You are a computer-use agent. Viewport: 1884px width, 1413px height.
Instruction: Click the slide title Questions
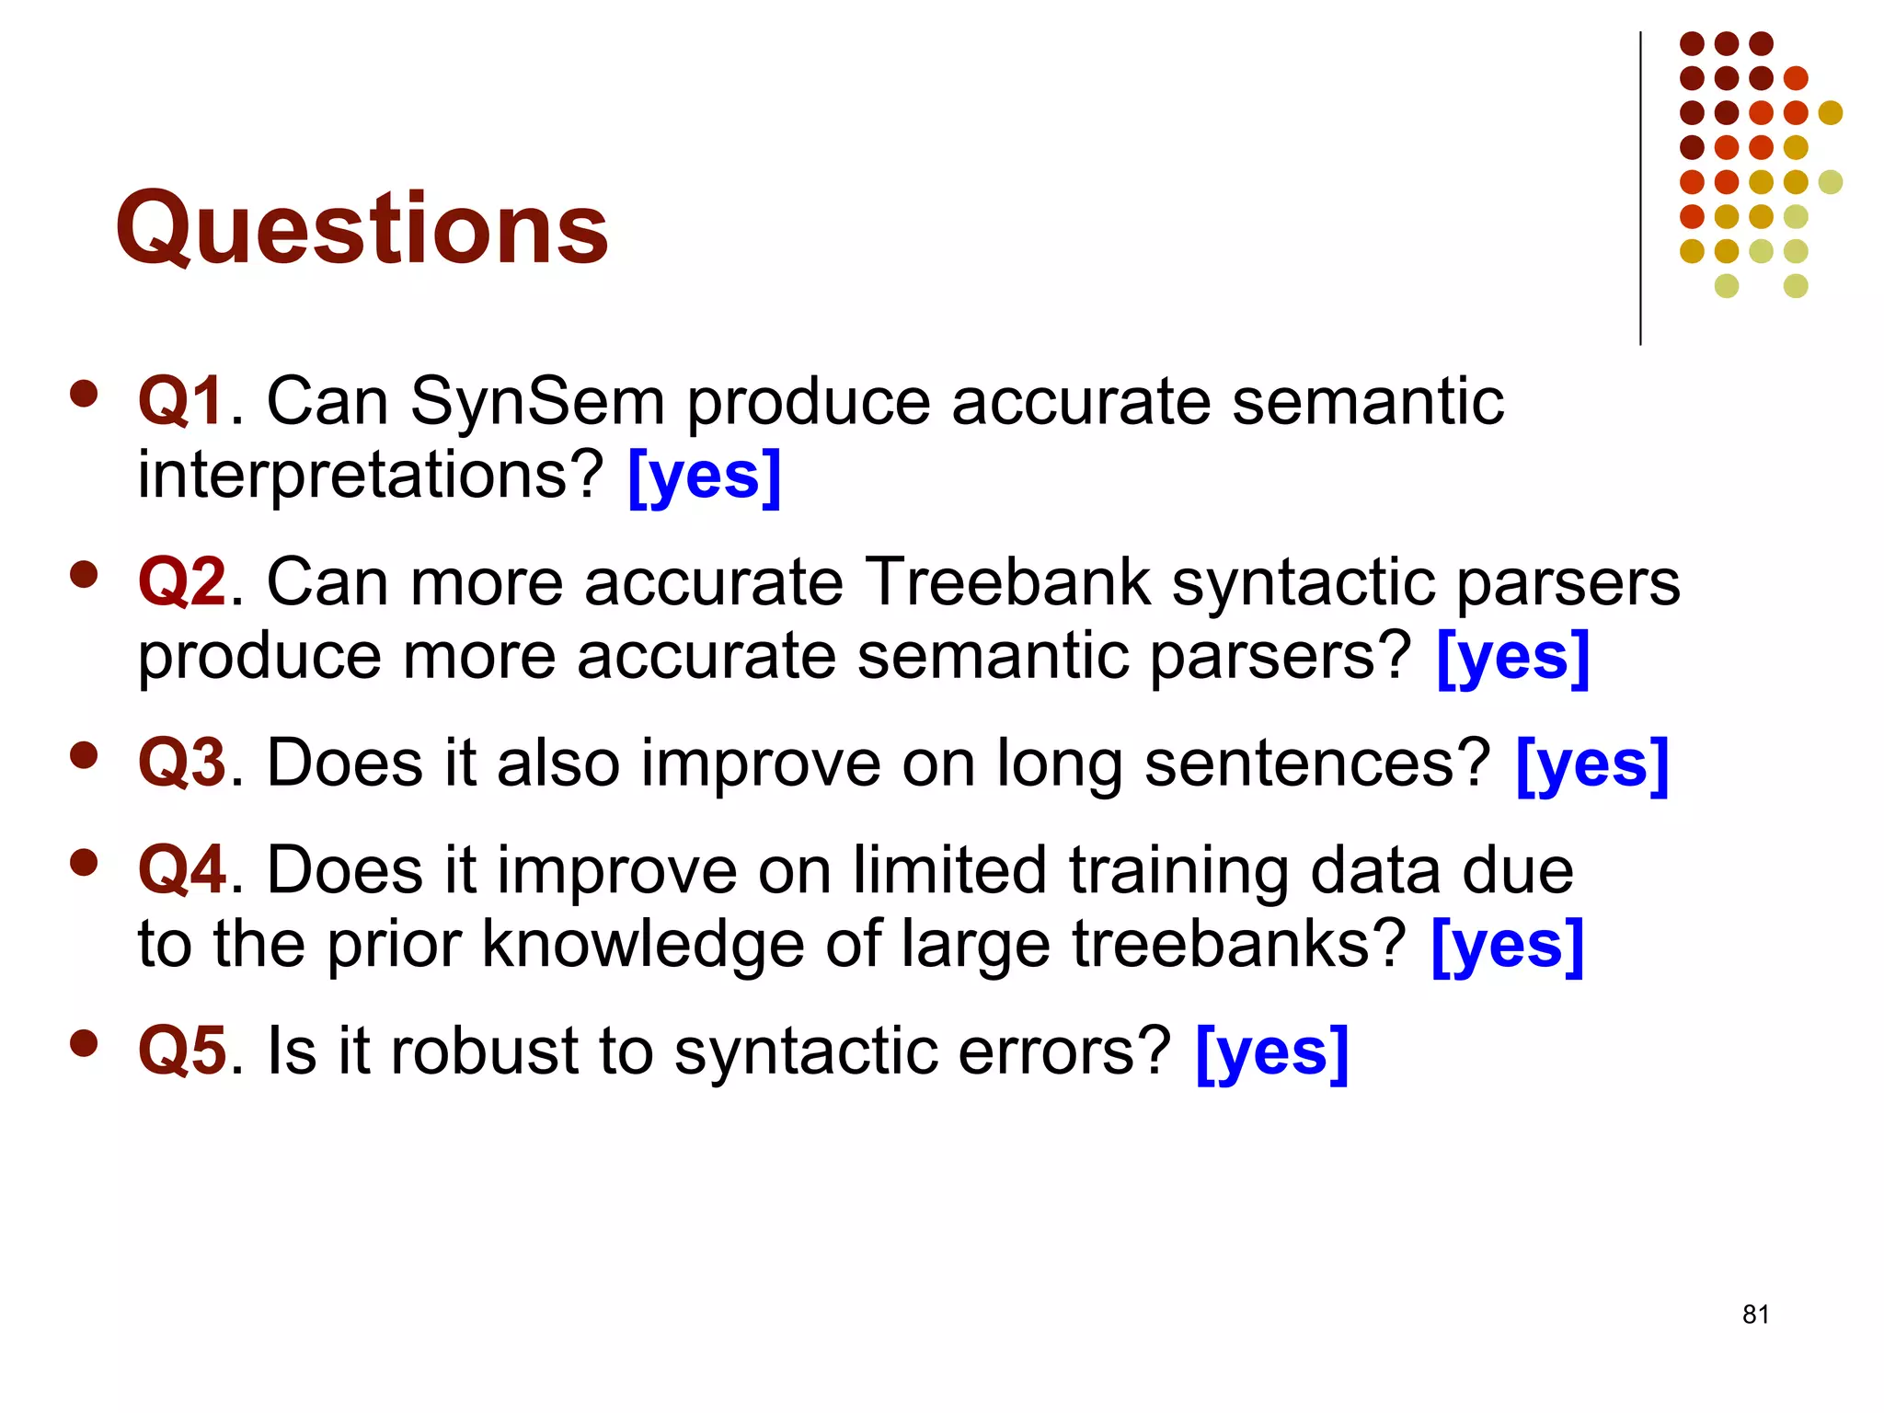click(x=362, y=227)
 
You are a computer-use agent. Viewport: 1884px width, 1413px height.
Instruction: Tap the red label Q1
click(x=181, y=401)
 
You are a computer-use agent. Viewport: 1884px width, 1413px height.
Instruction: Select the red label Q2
click(x=181, y=582)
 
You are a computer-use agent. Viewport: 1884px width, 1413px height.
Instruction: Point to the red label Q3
click(x=181, y=763)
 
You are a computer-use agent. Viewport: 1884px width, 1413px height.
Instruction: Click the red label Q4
click(x=181, y=870)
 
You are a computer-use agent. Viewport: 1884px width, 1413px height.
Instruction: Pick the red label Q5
click(x=181, y=1051)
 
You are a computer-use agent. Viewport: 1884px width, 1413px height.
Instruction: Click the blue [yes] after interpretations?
click(x=705, y=477)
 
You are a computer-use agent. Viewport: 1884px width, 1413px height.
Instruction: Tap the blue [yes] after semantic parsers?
click(x=1512, y=657)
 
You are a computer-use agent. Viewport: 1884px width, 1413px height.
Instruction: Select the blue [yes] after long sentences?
click(x=1591, y=764)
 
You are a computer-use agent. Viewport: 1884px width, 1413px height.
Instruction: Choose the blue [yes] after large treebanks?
click(x=1508, y=946)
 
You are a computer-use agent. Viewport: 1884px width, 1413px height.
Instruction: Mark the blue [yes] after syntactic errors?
click(x=1272, y=1052)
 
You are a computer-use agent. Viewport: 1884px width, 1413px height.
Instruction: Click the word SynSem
click(x=537, y=402)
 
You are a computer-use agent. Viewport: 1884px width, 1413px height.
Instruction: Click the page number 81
click(x=1755, y=1315)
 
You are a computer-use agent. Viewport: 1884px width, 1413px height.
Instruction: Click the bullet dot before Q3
click(x=84, y=756)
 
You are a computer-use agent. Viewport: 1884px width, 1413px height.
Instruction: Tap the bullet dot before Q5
click(x=84, y=1044)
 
